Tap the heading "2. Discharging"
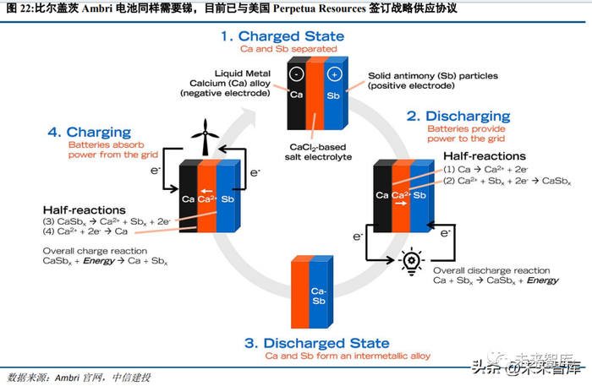tap(458, 116)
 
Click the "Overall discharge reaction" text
tap(491, 269)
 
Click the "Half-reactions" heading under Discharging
tap(484, 156)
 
